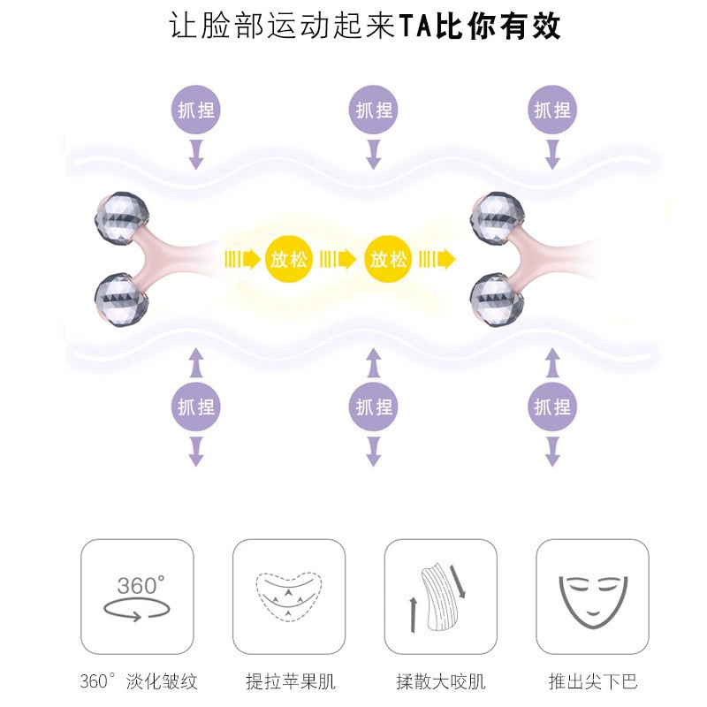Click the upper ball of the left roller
[x=122, y=218]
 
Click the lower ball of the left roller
[x=122, y=299]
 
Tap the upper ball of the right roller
[x=497, y=218]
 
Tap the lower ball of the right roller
[x=497, y=299]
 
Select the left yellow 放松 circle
[x=289, y=259]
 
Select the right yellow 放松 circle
[x=388, y=259]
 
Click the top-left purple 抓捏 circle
[x=195, y=110]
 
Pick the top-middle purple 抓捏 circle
[x=373, y=110]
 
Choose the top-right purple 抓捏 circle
[x=552, y=110]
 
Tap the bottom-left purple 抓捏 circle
[x=195, y=407]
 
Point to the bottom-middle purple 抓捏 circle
[x=373, y=407]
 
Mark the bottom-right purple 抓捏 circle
[x=552, y=407]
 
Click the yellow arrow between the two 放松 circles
[x=338, y=259]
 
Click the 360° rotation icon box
[x=137, y=596]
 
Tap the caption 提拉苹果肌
[x=291, y=681]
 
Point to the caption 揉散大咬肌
[x=441, y=681]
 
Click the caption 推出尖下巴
[x=593, y=681]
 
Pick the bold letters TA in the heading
[x=415, y=26]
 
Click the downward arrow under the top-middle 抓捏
[x=373, y=154]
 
